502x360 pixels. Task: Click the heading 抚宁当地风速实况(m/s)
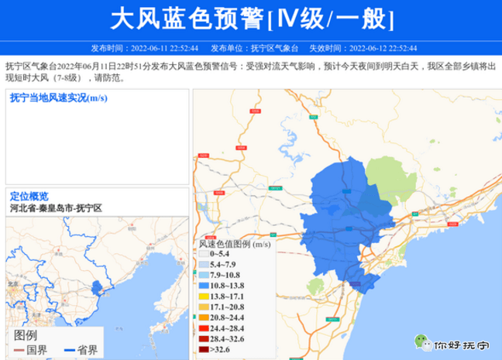[58, 98]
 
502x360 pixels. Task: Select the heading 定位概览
[29, 196]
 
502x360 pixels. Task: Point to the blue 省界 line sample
[73, 351]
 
